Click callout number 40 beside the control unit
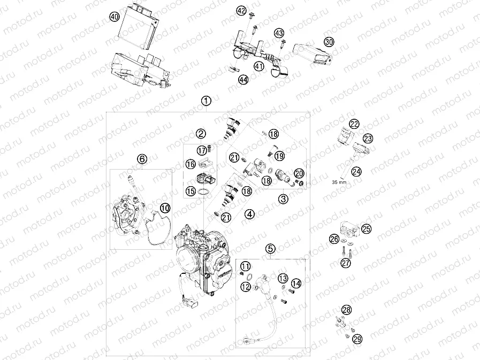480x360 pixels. click(x=113, y=17)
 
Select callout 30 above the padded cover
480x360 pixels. click(x=329, y=42)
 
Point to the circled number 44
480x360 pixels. click(x=243, y=80)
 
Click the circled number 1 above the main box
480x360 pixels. click(x=207, y=101)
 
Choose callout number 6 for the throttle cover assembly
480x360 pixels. click(x=142, y=159)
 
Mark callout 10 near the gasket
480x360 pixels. click(x=165, y=207)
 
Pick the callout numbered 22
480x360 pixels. click(x=354, y=124)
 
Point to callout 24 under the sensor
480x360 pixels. click(x=356, y=171)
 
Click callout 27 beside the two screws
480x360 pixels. click(x=346, y=263)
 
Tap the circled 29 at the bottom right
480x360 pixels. click(x=357, y=339)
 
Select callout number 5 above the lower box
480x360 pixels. click(x=271, y=248)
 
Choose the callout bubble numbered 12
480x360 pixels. click(x=245, y=287)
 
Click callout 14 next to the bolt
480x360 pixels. click(x=296, y=284)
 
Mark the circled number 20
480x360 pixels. click(x=299, y=173)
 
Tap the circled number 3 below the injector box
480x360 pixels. click(x=283, y=198)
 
